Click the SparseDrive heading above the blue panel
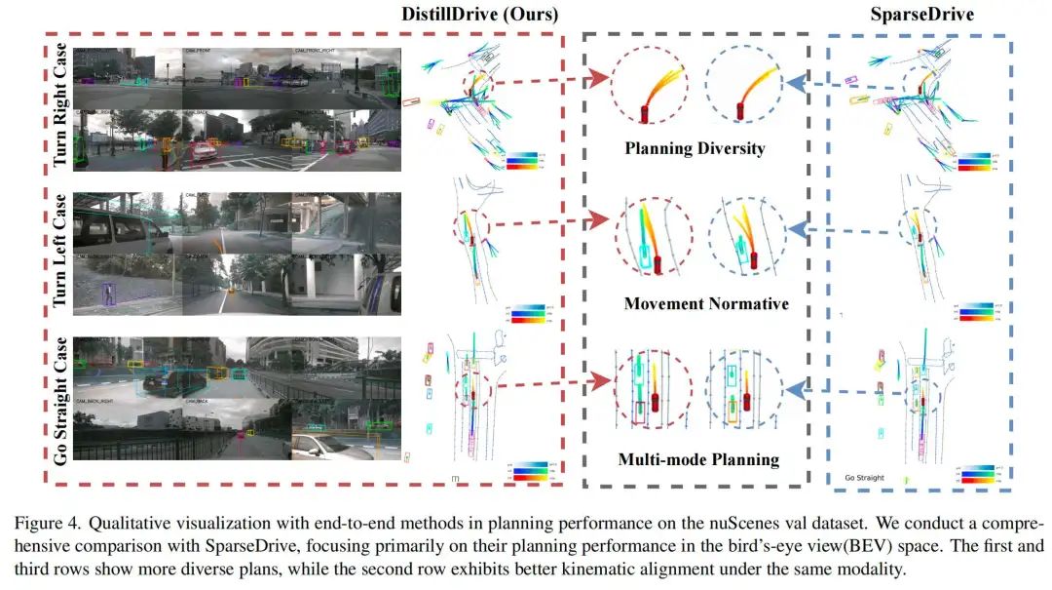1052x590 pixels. [920, 14]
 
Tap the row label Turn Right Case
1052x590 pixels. [60, 104]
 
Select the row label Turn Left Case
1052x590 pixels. [60, 253]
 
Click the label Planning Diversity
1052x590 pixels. [695, 149]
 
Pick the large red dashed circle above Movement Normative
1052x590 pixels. [654, 239]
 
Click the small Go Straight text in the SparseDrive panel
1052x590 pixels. [864, 478]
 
